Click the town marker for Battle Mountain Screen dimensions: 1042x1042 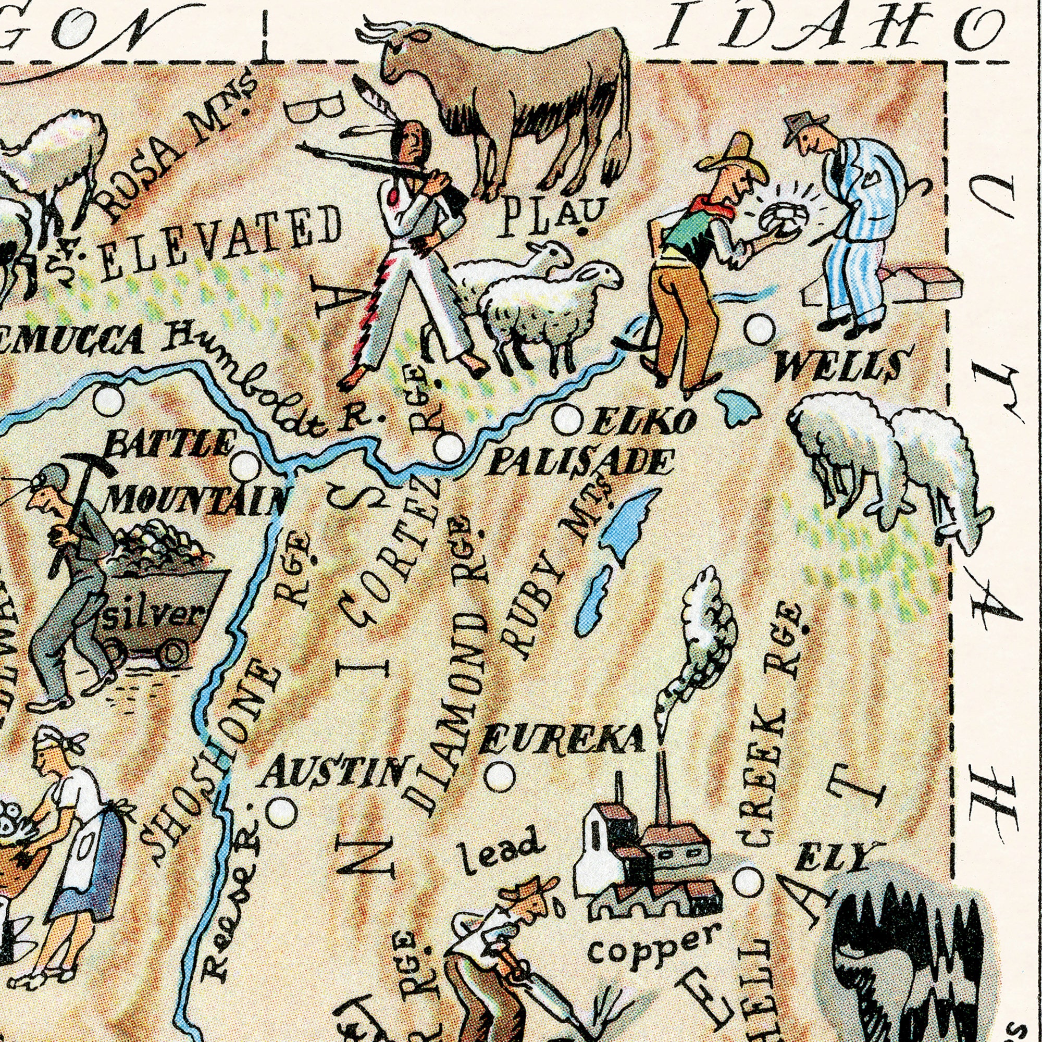click(246, 465)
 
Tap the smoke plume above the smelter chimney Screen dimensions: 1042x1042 click(701, 642)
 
